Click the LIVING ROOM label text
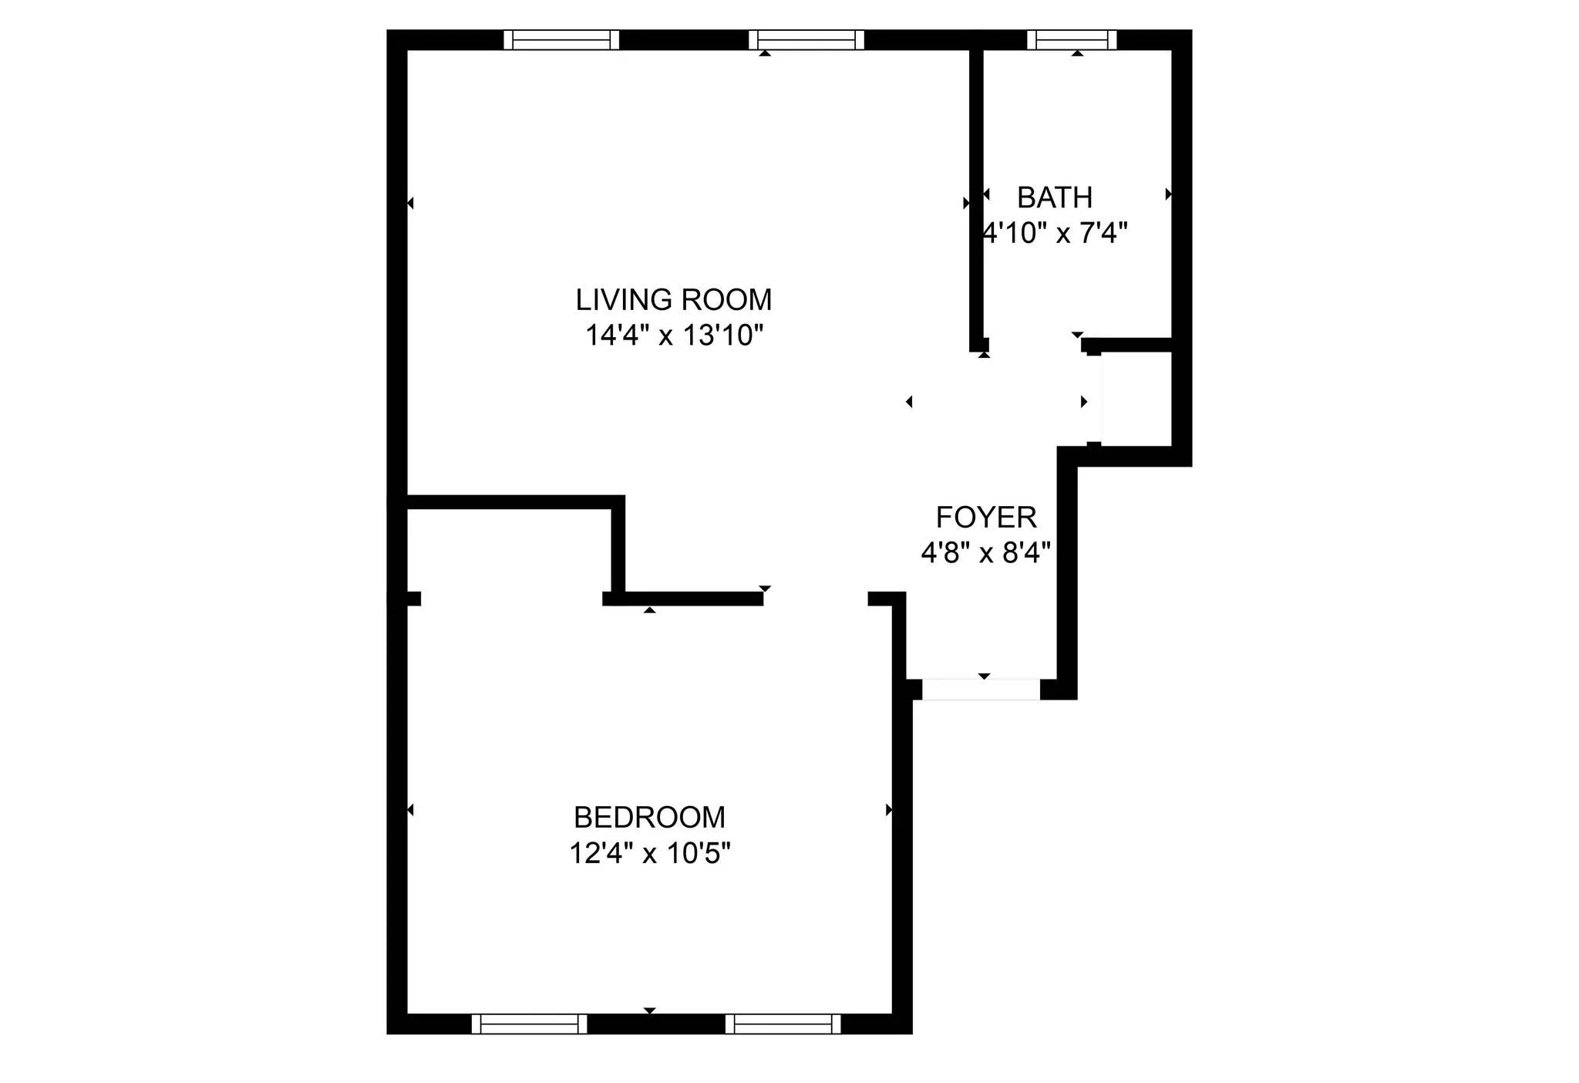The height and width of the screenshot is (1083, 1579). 673,300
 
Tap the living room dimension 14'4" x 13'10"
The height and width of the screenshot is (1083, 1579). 674,336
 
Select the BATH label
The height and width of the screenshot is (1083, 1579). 1054,198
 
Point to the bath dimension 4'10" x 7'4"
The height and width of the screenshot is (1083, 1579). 1055,233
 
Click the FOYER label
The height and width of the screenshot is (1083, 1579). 985,517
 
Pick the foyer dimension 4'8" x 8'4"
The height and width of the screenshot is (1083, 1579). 985,552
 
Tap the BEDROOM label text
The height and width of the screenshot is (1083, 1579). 649,817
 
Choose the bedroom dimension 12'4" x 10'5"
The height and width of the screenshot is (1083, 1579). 649,853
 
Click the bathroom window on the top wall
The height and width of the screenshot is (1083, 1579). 1072,39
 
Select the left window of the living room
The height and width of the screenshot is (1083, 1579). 561,39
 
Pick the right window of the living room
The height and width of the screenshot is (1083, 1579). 806,39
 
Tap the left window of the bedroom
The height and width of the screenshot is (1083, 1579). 529,1024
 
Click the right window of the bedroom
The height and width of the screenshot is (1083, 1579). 783,1024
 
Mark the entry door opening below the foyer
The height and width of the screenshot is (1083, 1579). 981,689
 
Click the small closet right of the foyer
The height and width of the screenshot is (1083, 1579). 1136,399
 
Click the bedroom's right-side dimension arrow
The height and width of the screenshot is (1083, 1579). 888,810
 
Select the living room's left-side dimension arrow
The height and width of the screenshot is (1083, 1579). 410,204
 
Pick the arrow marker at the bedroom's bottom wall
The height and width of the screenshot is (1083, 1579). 649,1010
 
